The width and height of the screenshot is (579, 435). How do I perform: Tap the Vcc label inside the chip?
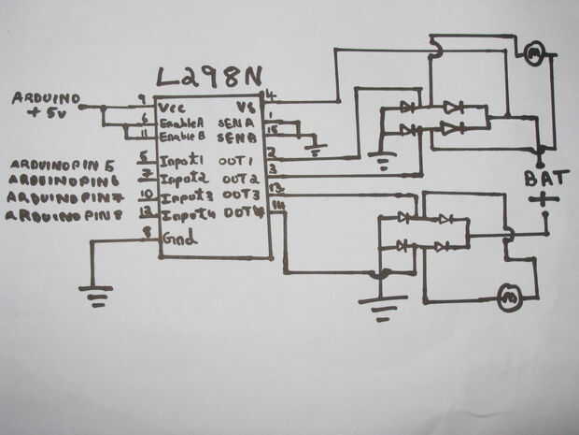coord(172,107)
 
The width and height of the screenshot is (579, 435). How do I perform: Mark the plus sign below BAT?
coord(542,199)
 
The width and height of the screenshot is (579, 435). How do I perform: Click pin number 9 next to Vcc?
coord(141,97)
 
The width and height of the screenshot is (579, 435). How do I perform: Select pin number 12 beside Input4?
coord(145,213)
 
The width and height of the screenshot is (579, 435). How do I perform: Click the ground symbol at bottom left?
coord(94,297)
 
